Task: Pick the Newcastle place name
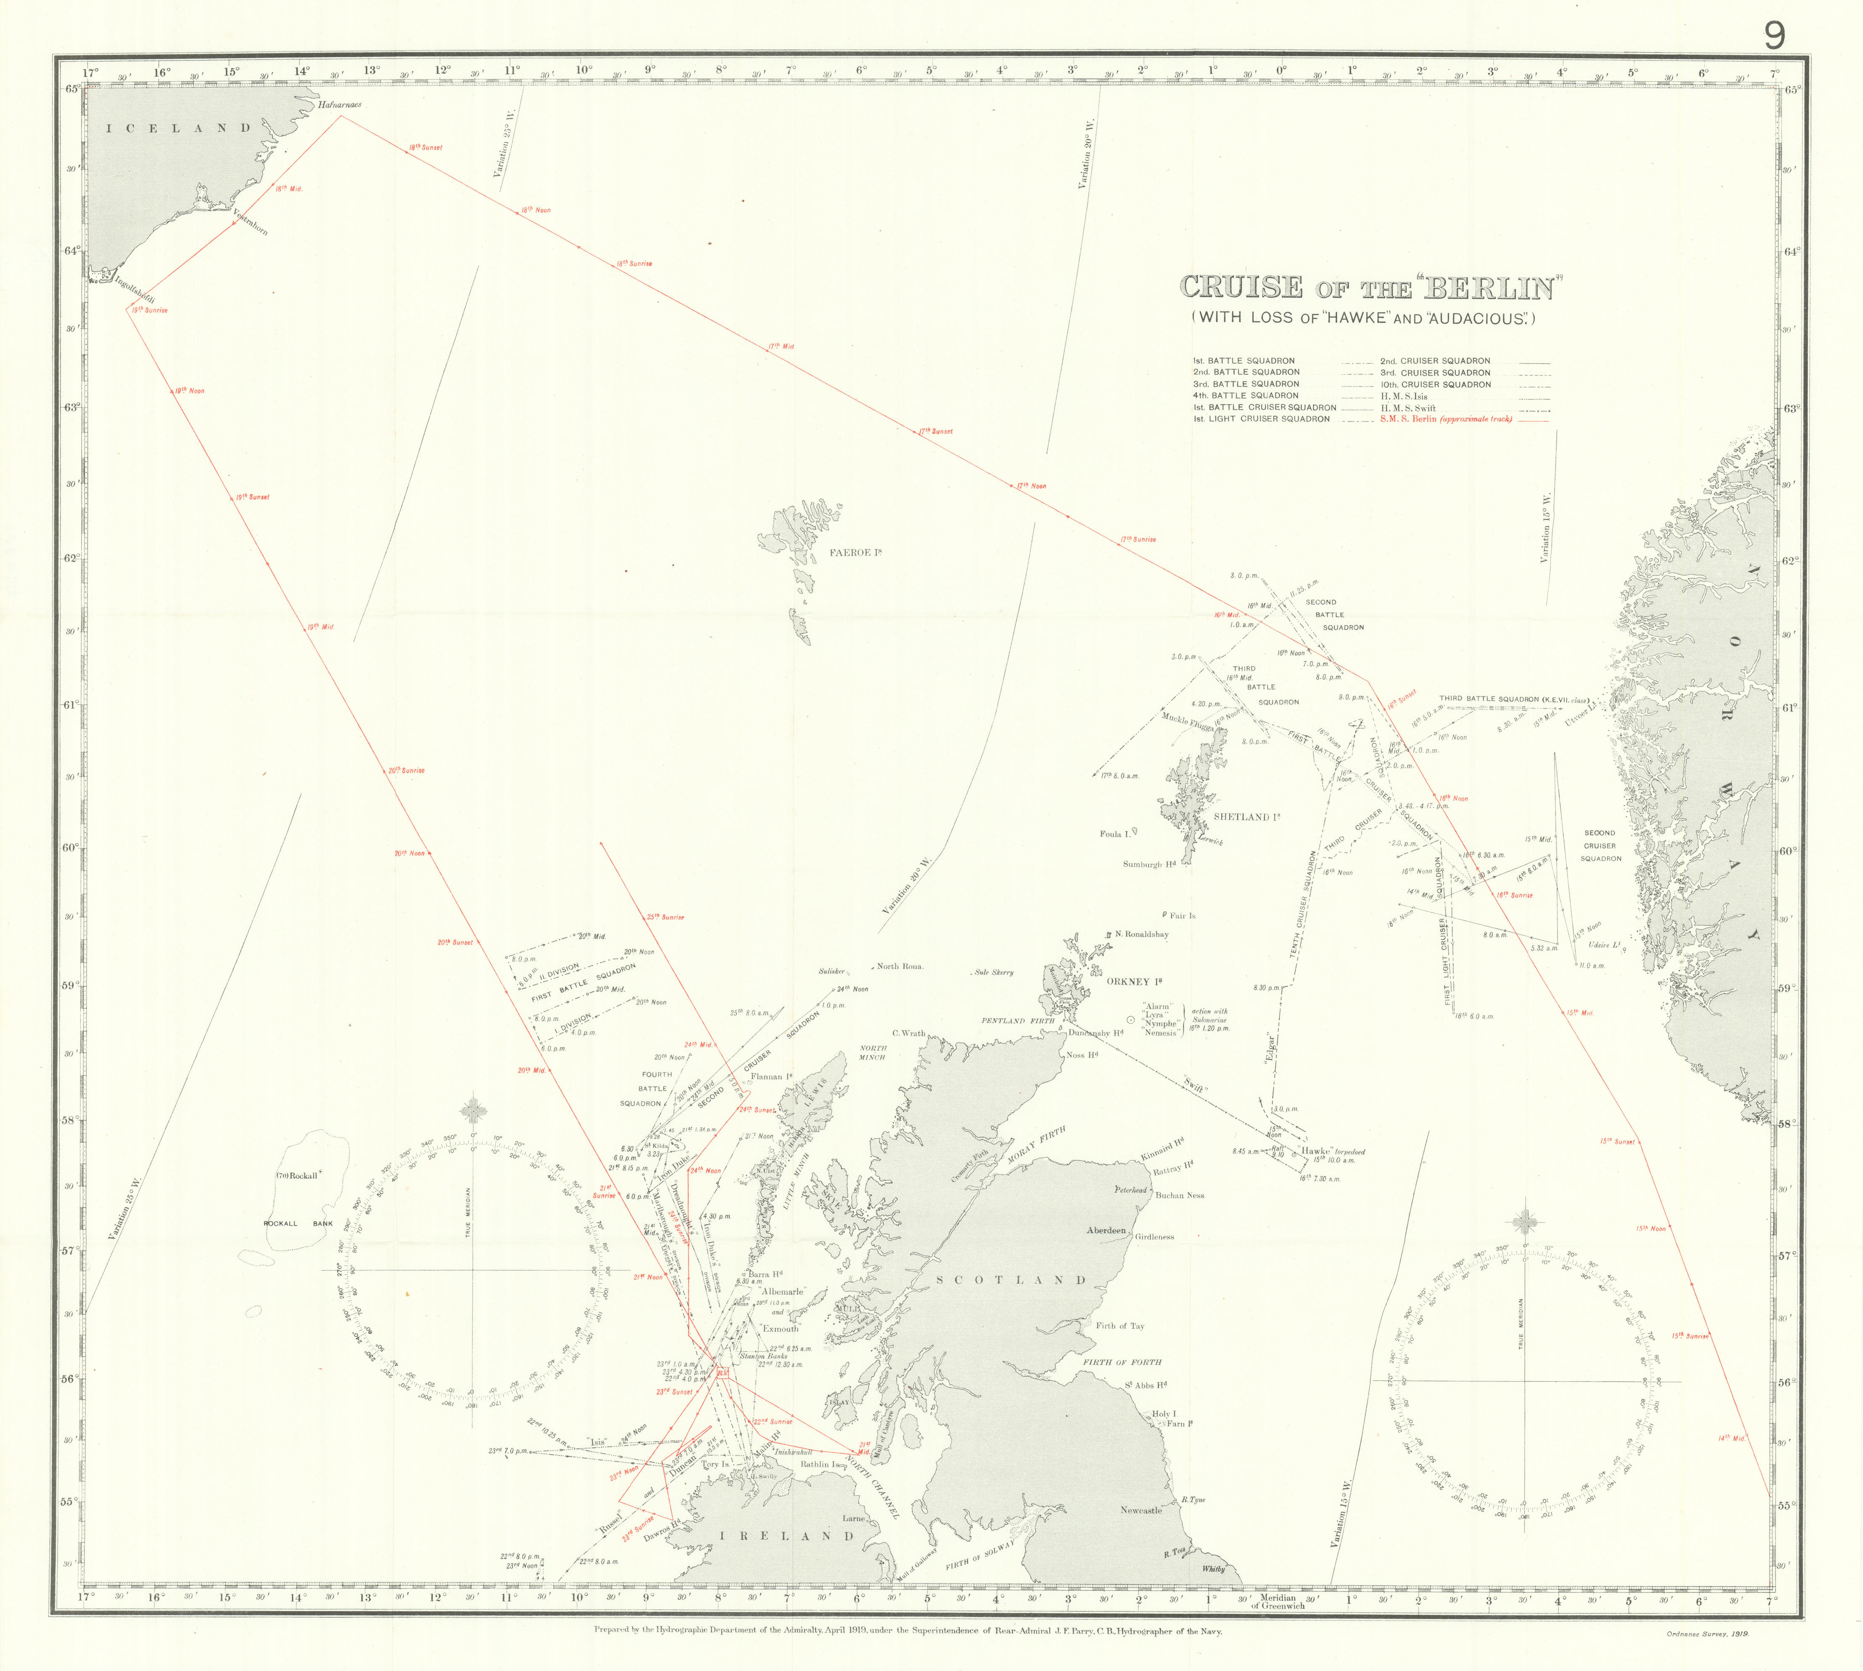coord(1141,1510)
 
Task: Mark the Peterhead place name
coord(1131,1190)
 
